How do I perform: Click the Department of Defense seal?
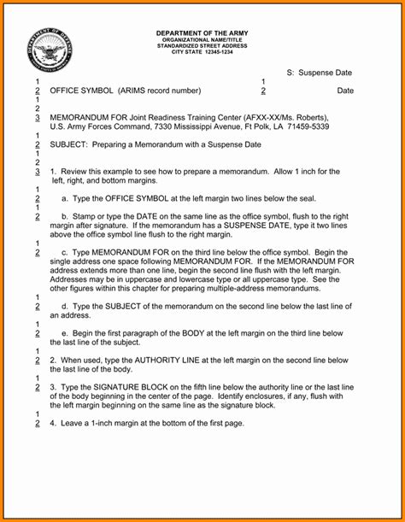(x=51, y=50)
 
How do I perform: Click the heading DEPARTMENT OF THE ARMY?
(x=202, y=32)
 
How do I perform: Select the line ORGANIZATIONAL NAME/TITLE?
(x=202, y=39)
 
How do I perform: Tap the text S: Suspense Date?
(x=320, y=73)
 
